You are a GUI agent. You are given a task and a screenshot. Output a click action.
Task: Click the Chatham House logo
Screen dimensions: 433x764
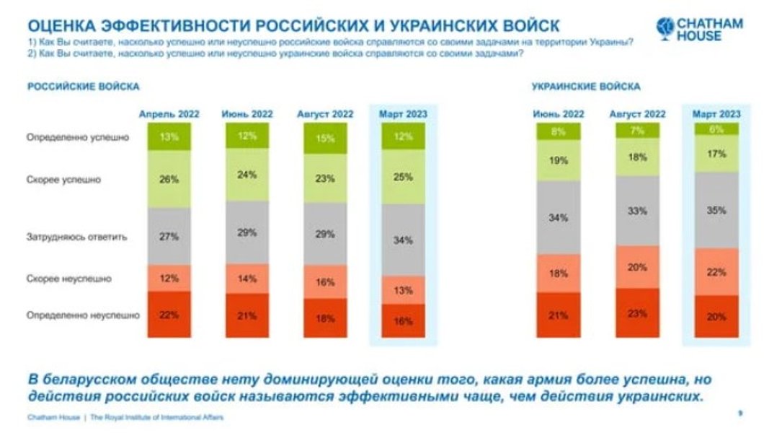[x=698, y=29]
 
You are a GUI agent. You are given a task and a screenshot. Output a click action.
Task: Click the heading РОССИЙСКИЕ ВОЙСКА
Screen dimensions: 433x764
[x=83, y=87]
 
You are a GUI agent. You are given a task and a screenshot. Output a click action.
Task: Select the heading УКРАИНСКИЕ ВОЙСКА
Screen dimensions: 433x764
[x=586, y=87]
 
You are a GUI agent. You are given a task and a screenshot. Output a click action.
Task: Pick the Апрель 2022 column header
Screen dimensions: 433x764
[x=169, y=114]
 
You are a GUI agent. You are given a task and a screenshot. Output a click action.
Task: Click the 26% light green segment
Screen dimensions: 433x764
[x=169, y=180]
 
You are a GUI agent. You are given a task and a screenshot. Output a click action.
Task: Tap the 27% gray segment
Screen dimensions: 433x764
[x=169, y=236]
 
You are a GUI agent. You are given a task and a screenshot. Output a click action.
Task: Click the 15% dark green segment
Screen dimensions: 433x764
[x=325, y=139]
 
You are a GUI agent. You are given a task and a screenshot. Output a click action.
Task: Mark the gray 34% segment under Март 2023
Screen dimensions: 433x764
[x=404, y=240]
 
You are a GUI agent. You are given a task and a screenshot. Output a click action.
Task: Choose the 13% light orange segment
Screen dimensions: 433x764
[x=404, y=290]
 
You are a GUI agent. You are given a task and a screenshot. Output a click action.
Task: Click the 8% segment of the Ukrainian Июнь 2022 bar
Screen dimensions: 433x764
[x=559, y=131]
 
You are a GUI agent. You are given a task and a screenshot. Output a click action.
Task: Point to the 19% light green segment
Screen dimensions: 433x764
[x=559, y=161]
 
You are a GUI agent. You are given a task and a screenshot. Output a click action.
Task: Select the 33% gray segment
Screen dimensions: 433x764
[x=637, y=211]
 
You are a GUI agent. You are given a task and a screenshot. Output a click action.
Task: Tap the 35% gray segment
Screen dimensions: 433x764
[x=716, y=211]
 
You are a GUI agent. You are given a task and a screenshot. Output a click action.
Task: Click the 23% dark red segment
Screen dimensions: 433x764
[x=637, y=313]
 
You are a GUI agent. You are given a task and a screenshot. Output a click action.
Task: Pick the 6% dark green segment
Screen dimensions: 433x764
[x=716, y=128]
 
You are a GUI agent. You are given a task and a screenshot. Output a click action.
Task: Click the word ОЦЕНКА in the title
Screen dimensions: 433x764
[x=61, y=26]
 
